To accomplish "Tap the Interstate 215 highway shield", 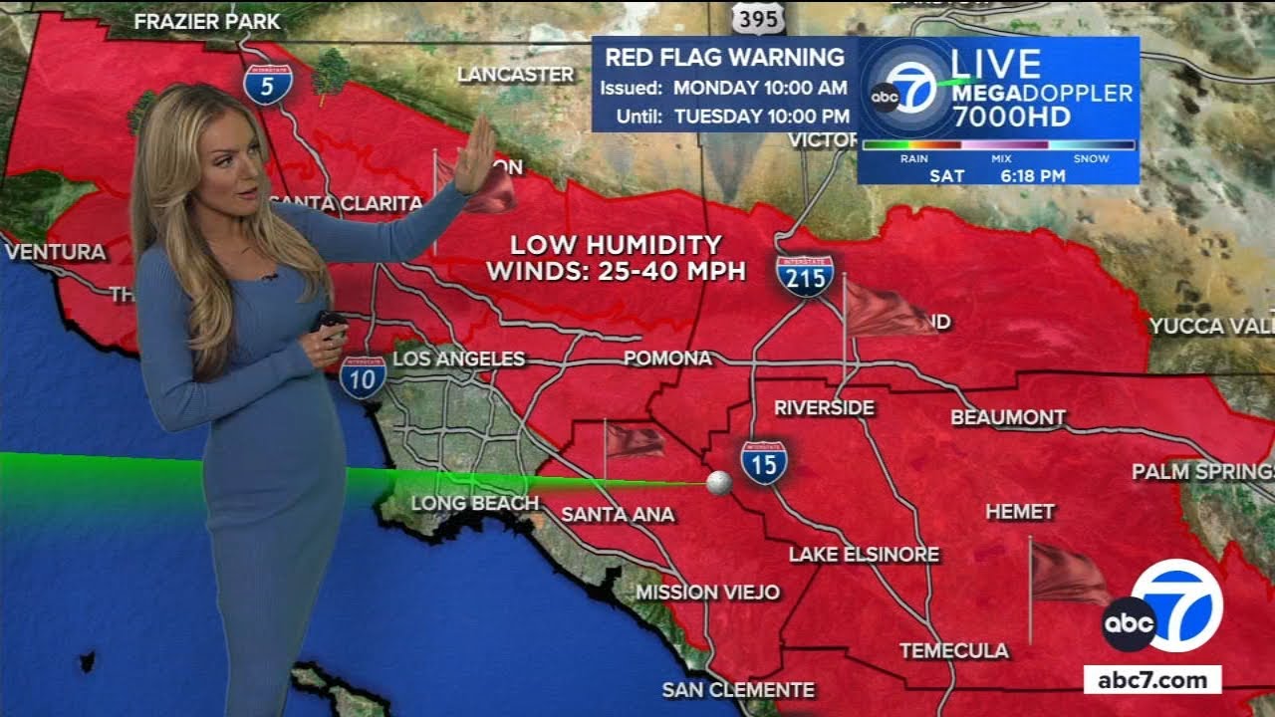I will (805, 276).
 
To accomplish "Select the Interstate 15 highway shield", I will (764, 462).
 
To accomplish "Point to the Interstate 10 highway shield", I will (363, 376).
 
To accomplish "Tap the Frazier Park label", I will (207, 21).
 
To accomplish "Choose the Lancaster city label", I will (515, 75).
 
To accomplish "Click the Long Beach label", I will (474, 503).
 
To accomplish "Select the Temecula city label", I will (953, 650).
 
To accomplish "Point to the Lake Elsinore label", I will (864, 554).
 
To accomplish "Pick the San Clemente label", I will (738, 689).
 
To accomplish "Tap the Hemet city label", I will (1019, 512).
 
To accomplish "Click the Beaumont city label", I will (1008, 417).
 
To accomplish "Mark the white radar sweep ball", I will (718, 483).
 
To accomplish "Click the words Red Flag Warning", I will (724, 57).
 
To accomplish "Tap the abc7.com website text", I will (1152, 681).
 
